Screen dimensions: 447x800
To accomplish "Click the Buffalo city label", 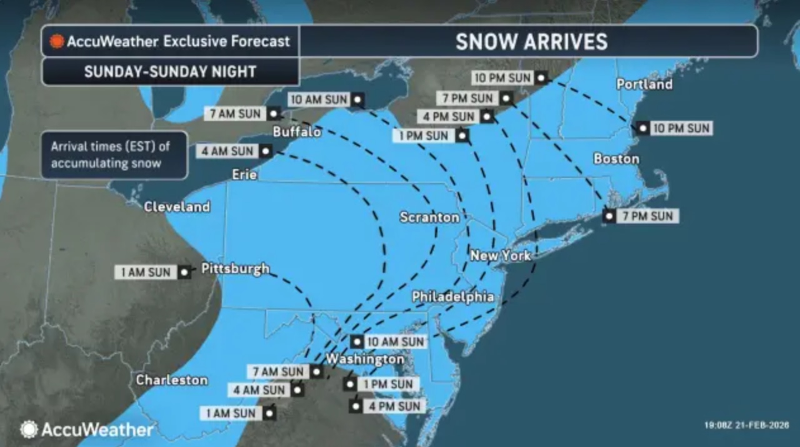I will click(297, 132).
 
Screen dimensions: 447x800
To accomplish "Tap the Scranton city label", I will click(429, 217).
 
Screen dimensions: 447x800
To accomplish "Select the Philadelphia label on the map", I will click(453, 297).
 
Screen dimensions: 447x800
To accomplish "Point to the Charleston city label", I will click(172, 380).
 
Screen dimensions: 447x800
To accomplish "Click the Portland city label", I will click(644, 84).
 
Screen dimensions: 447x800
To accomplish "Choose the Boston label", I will click(616, 159).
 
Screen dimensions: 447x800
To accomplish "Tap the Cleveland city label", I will click(177, 207).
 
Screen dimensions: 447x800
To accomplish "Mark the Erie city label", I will click(244, 175).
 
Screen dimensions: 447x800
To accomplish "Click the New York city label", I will click(501, 255).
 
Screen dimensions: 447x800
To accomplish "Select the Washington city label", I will click(366, 359).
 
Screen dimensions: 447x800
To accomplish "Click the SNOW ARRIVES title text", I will click(531, 42).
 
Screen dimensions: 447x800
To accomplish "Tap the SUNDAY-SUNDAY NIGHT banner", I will click(170, 72).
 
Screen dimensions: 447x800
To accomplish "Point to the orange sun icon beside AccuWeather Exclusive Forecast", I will click(57, 42).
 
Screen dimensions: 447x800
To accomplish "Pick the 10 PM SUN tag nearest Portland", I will click(681, 128).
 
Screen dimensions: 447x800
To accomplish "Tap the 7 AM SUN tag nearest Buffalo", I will click(236, 114).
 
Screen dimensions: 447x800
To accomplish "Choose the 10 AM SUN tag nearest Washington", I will click(395, 341).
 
